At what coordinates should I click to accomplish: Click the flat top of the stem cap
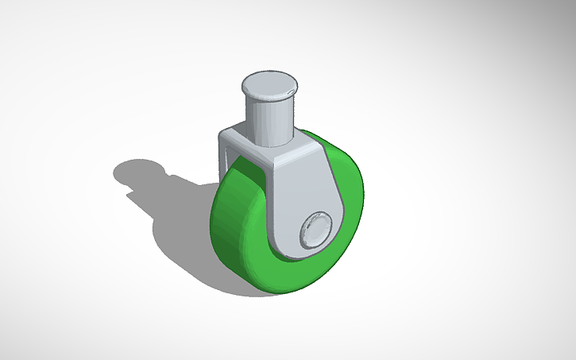tap(269, 83)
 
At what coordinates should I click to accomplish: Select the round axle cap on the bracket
tap(315, 229)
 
